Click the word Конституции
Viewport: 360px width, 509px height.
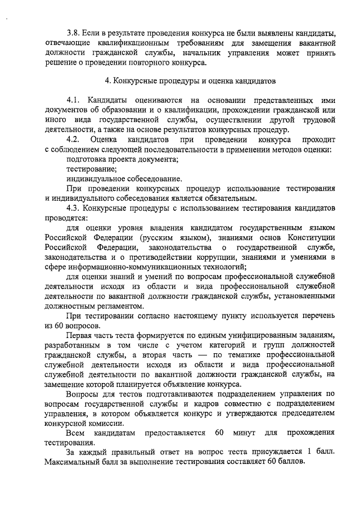pyautogui.click(x=310, y=237)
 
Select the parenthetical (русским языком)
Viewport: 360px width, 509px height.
pyautogui.click(x=155, y=237)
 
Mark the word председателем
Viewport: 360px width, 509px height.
pyautogui.click(x=304, y=413)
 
